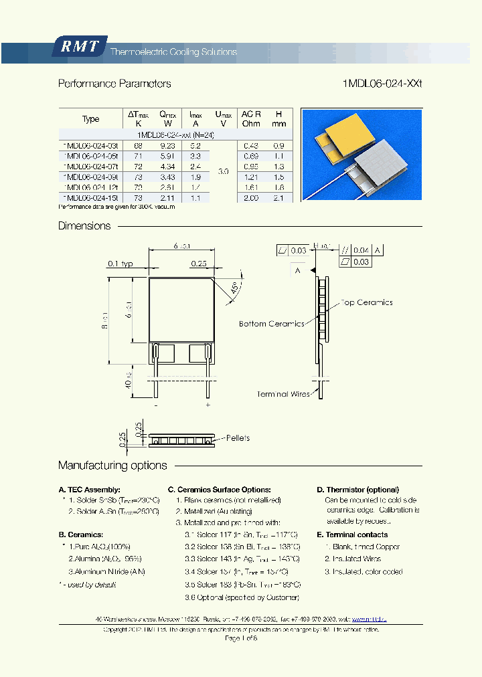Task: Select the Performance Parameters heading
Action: pos(114,84)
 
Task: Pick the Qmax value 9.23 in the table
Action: pos(168,144)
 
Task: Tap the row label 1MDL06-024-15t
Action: pos(91,198)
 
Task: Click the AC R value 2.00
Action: pos(250,198)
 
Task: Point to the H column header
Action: pos(279,118)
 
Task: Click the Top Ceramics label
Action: pos(367,302)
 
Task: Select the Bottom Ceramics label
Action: pos(271,324)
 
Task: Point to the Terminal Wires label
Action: pos(282,394)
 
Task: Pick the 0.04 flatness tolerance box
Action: pos(362,250)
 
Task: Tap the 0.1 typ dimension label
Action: pos(119,264)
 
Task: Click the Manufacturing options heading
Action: pos(112,466)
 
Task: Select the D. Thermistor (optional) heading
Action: pos(357,490)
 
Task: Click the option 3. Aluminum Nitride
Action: pos(106,571)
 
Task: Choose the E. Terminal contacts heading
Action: pos(352,535)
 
